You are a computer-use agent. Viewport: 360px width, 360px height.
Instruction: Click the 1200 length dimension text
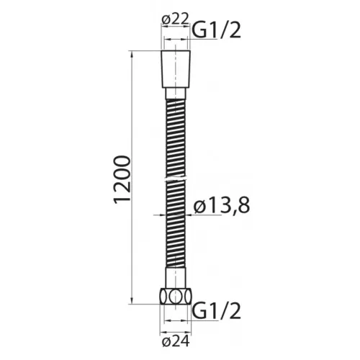(x=122, y=178)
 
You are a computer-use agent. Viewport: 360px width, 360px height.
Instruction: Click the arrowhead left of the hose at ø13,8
(x=163, y=214)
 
